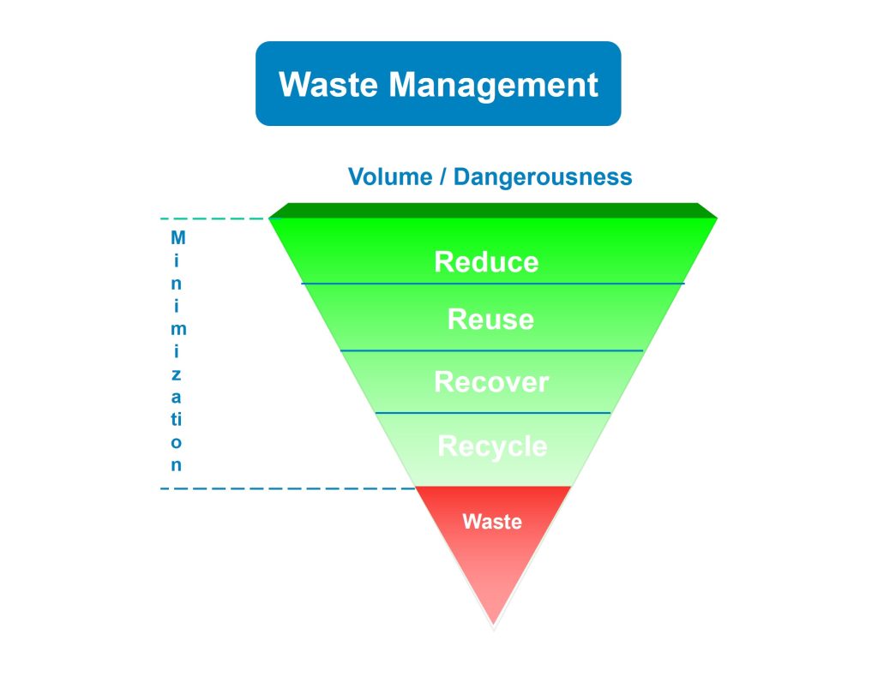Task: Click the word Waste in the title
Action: (329, 85)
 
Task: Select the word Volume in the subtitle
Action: (394, 177)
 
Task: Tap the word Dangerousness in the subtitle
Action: (543, 177)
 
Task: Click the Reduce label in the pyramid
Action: (486, 261)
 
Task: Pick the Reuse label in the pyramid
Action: (490, 320)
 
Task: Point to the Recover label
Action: (491, 381)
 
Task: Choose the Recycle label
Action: (492, 446)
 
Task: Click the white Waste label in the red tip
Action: (492, 520)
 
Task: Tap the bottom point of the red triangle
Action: (493, 624)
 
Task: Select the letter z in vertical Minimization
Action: (177, 374)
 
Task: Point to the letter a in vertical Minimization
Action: (177, 398)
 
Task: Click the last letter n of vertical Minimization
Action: (177, 466)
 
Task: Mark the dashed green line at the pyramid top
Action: (214, 219)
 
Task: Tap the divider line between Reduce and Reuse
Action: (493, 284)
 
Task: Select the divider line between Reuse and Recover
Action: (491, 350)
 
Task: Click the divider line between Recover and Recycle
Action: (493, 413)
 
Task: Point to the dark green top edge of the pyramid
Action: (493, 210)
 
